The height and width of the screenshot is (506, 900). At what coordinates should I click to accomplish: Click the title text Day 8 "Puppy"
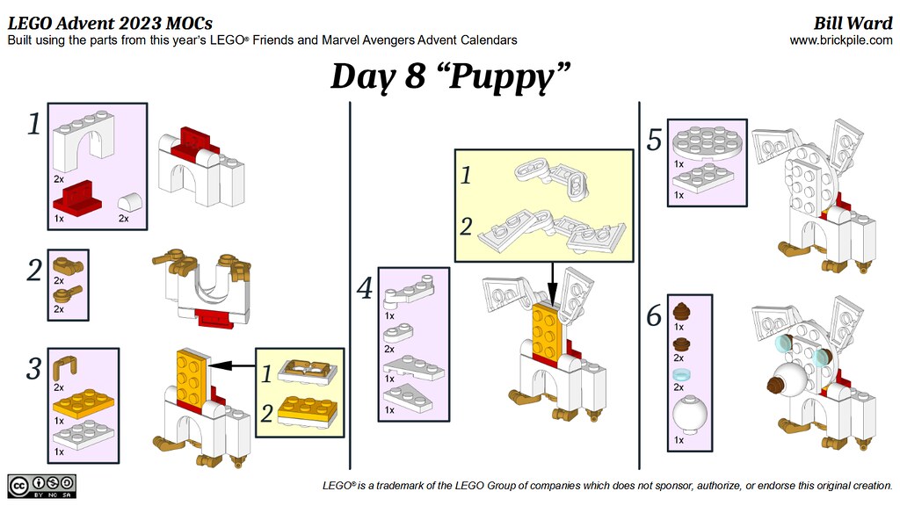451,76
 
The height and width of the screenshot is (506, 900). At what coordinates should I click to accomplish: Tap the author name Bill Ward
853,23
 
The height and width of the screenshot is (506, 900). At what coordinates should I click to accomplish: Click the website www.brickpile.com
841,40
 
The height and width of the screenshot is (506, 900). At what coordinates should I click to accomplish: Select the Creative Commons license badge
41,486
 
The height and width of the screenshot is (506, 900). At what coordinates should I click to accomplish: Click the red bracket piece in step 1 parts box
77,196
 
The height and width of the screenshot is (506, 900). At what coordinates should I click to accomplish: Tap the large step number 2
34,271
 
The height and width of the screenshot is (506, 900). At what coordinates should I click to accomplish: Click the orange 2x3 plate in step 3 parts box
83,402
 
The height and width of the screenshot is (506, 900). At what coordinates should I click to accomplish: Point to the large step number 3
34,369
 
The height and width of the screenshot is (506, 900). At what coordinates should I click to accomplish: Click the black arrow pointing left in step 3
232,365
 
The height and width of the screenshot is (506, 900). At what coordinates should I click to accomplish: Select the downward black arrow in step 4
552,284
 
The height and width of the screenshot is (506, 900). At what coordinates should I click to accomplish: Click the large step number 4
365,288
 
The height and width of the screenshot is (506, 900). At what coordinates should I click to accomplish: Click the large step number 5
654,140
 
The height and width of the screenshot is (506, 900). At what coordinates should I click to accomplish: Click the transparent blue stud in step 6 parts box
681,374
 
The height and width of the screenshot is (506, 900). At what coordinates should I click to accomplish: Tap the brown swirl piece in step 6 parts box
681,311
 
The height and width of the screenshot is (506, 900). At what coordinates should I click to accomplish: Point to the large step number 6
654,315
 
